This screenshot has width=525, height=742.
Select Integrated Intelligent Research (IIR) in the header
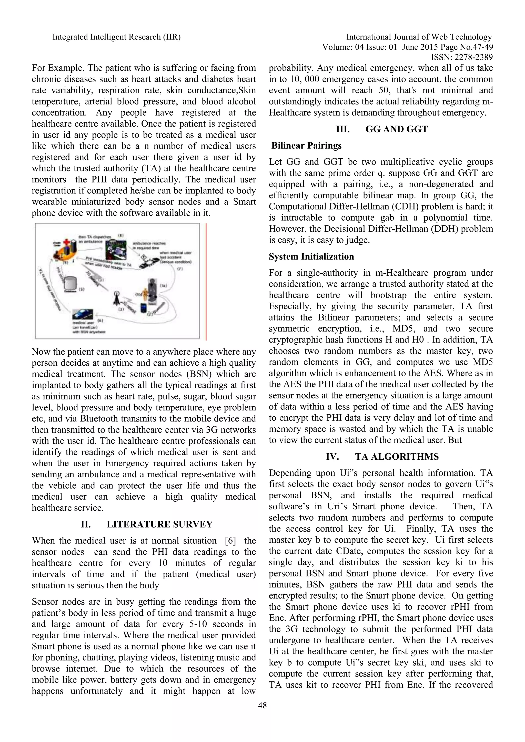116,37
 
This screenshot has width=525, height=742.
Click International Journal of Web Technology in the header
419,37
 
